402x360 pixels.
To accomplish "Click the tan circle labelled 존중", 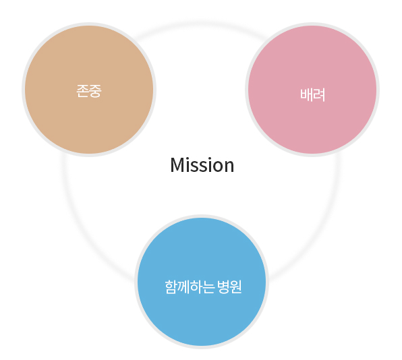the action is click(x=89, y=90).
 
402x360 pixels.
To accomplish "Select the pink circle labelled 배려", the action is click(x=312, y=90).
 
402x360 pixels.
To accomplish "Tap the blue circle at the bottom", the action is click(x=202, y=282).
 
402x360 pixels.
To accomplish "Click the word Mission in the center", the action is click(x=202, y=165).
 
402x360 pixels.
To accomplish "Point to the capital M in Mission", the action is click(x=178, y=165).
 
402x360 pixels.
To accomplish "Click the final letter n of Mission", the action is click(x=228, y=167).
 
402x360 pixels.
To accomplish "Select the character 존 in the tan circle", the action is click(x=82, y=91).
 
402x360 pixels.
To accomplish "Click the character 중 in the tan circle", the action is click(x=95, y=91).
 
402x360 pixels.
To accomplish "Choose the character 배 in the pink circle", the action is click(x=306, y=95).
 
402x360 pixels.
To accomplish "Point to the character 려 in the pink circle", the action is click(x=318, y=95).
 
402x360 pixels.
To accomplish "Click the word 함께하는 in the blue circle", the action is click(x=190, y=287).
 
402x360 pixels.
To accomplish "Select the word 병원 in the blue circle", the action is click(x=229, y=287).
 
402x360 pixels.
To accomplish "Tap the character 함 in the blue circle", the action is click(x=171, y=287).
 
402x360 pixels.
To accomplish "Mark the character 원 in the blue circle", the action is click(x=235, y=287).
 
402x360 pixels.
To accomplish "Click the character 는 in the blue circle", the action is click(x=208, y=287).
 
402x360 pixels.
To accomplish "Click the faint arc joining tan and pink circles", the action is click(x=201, y=24).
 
